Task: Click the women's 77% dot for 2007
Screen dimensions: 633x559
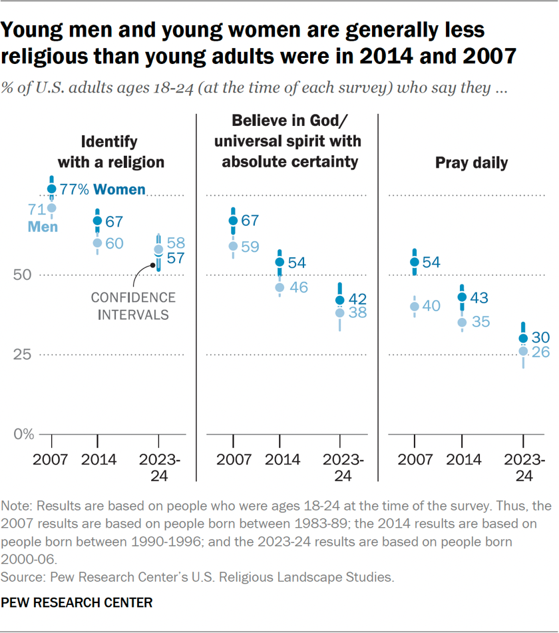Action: coord(52,189)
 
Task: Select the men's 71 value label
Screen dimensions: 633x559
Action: coord(36,210)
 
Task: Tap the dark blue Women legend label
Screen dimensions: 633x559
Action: coord(119,190)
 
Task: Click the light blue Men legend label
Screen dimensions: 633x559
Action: coord(43,227)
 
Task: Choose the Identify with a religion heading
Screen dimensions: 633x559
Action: coord(110,151)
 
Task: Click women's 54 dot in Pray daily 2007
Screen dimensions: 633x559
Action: coord(415,262)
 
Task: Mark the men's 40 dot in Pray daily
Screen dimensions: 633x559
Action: coord(415,307)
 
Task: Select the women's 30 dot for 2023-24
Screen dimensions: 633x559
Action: coord(523,338)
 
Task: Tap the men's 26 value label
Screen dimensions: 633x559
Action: coord(540,352)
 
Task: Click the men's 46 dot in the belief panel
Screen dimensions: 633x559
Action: coord(280,287)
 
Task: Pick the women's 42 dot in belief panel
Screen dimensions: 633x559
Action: coord(340,300)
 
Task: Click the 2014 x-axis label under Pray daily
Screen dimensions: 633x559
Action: coord(462,460)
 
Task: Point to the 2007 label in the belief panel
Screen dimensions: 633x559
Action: coord(233,460)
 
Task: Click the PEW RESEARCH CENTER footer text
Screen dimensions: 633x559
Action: coord(77,603)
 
